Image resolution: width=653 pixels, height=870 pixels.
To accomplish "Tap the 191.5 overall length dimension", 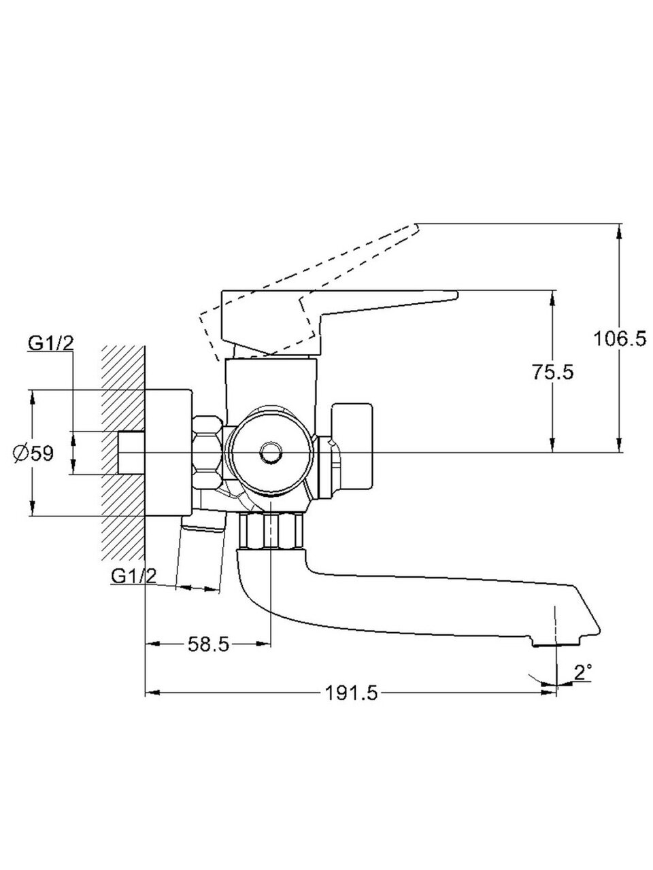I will click(x=351, y=693).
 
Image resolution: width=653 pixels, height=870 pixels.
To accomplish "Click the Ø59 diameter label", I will click(x=33, y=453).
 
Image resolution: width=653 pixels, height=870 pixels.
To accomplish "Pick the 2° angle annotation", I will click(x=583, y=672).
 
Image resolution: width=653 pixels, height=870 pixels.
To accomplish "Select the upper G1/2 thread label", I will click(x=51, y=343).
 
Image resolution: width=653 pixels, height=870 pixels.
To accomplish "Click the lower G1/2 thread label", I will click(x=133, y=576).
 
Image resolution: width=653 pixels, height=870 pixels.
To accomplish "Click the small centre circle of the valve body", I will click(x=271, y=451).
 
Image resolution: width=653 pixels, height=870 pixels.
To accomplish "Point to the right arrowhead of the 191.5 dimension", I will click(x=550, y=693).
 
